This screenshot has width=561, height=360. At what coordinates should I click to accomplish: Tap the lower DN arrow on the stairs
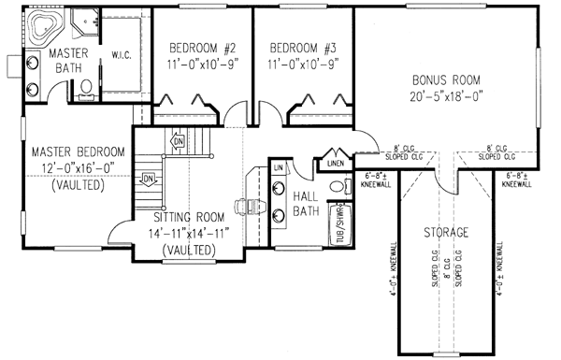coord(148,179)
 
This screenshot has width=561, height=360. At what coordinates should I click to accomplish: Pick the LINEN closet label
coord(336,165)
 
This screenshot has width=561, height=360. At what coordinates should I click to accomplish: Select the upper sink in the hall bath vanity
coord(279,187)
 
